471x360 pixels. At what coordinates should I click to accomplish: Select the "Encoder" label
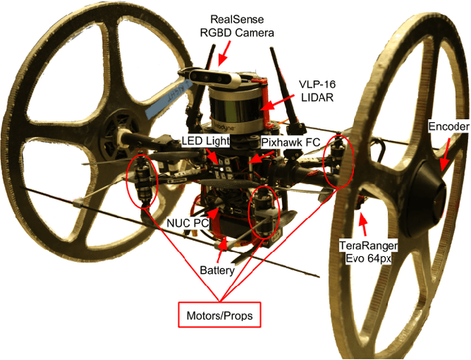[x=448, y=127]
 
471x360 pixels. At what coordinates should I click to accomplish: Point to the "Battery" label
[x=217, y=270]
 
